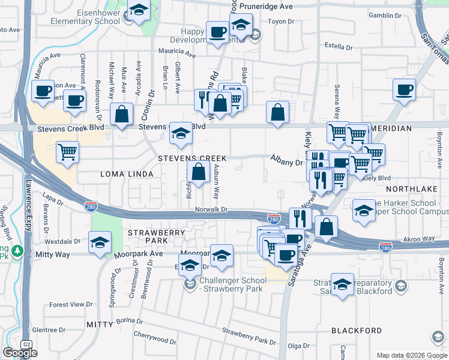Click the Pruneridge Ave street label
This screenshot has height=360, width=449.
pos(266,6)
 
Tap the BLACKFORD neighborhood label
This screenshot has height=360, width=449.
pos(357,331)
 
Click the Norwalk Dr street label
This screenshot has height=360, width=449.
pos(211,209)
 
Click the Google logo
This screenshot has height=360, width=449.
pos(20,353)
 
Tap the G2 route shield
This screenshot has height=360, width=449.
pos(26,344)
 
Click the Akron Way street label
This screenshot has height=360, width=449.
pos(419,238)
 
